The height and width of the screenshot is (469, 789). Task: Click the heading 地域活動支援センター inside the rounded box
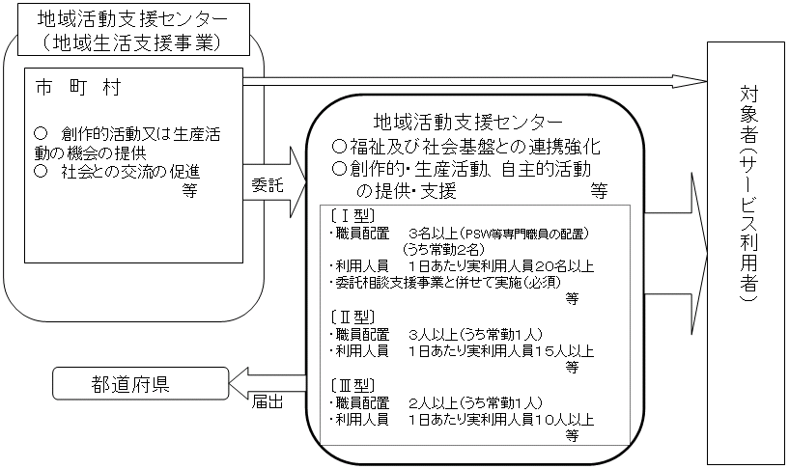tap(466, 123)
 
